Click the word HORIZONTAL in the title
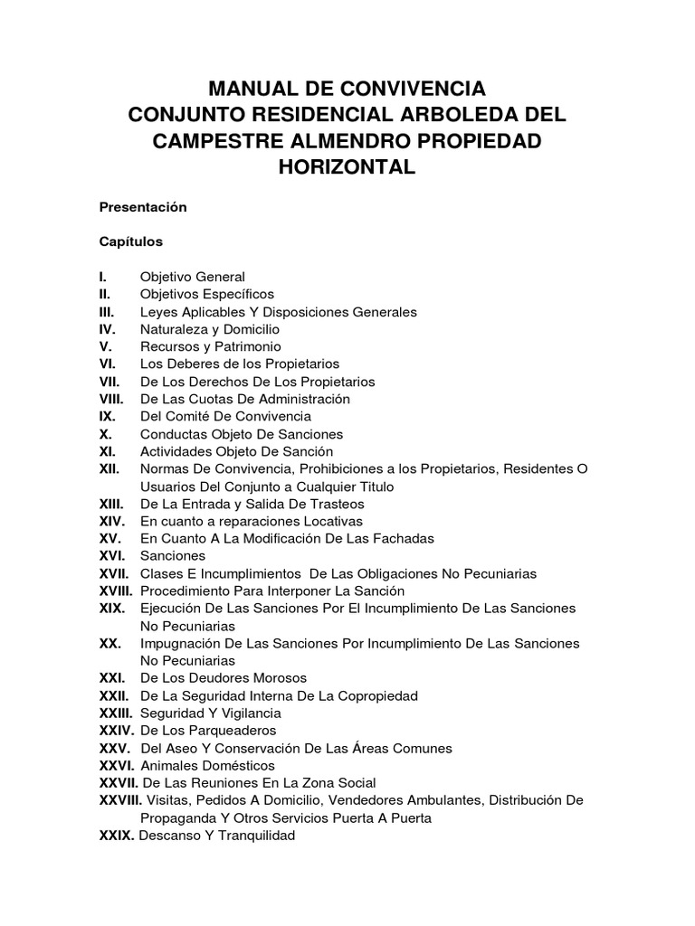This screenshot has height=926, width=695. click(347, 167)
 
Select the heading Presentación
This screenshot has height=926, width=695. click(143, 207)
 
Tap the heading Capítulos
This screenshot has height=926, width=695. click(131, 241)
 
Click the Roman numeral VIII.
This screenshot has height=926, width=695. click(112, 399)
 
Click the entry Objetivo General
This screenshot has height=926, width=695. click(193, 277)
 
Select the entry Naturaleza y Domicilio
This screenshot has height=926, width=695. click(210, 329)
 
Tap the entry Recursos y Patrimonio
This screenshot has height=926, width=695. click(211, 346)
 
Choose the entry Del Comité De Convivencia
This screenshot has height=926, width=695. click(225, 416)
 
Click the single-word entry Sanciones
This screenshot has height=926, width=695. click(173, 555)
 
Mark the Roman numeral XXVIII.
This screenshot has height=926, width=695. click(120, 800)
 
